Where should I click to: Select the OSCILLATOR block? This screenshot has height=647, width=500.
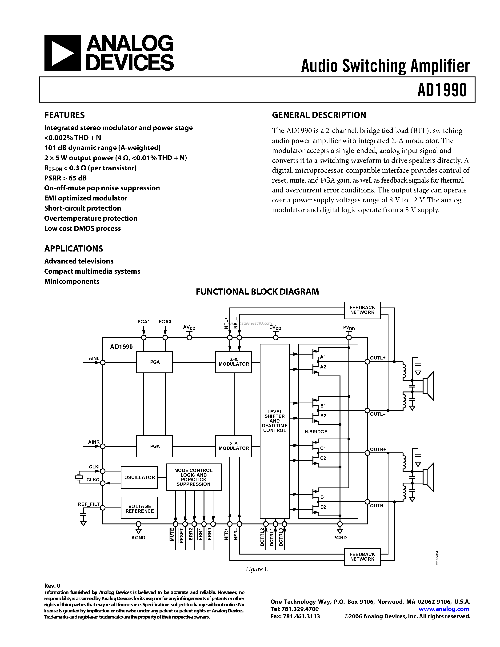(x=139, y=477)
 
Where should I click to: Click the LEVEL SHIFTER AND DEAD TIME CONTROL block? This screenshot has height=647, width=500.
(x=275, y=421)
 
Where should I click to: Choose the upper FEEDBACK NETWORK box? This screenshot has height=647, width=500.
(x=362, y=310)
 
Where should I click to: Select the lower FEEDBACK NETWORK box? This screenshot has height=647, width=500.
(x=362, y=557)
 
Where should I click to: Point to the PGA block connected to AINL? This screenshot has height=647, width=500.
(x=155, y=362)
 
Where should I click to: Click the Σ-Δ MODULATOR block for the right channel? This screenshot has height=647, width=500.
(x=234, y=446)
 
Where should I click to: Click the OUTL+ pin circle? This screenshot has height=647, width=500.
(x=367, y=362)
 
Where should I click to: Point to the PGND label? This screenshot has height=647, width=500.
(x=340, y=537)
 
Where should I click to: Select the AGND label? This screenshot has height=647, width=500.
(x=138, y=537)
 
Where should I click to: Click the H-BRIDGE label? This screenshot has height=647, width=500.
(x=316, y=432)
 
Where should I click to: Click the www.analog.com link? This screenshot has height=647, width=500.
(x=444, y=609)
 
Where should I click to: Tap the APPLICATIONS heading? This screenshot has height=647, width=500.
(x=74, y=248)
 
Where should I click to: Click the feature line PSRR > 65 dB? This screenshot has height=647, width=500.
(x=65, y=178)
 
